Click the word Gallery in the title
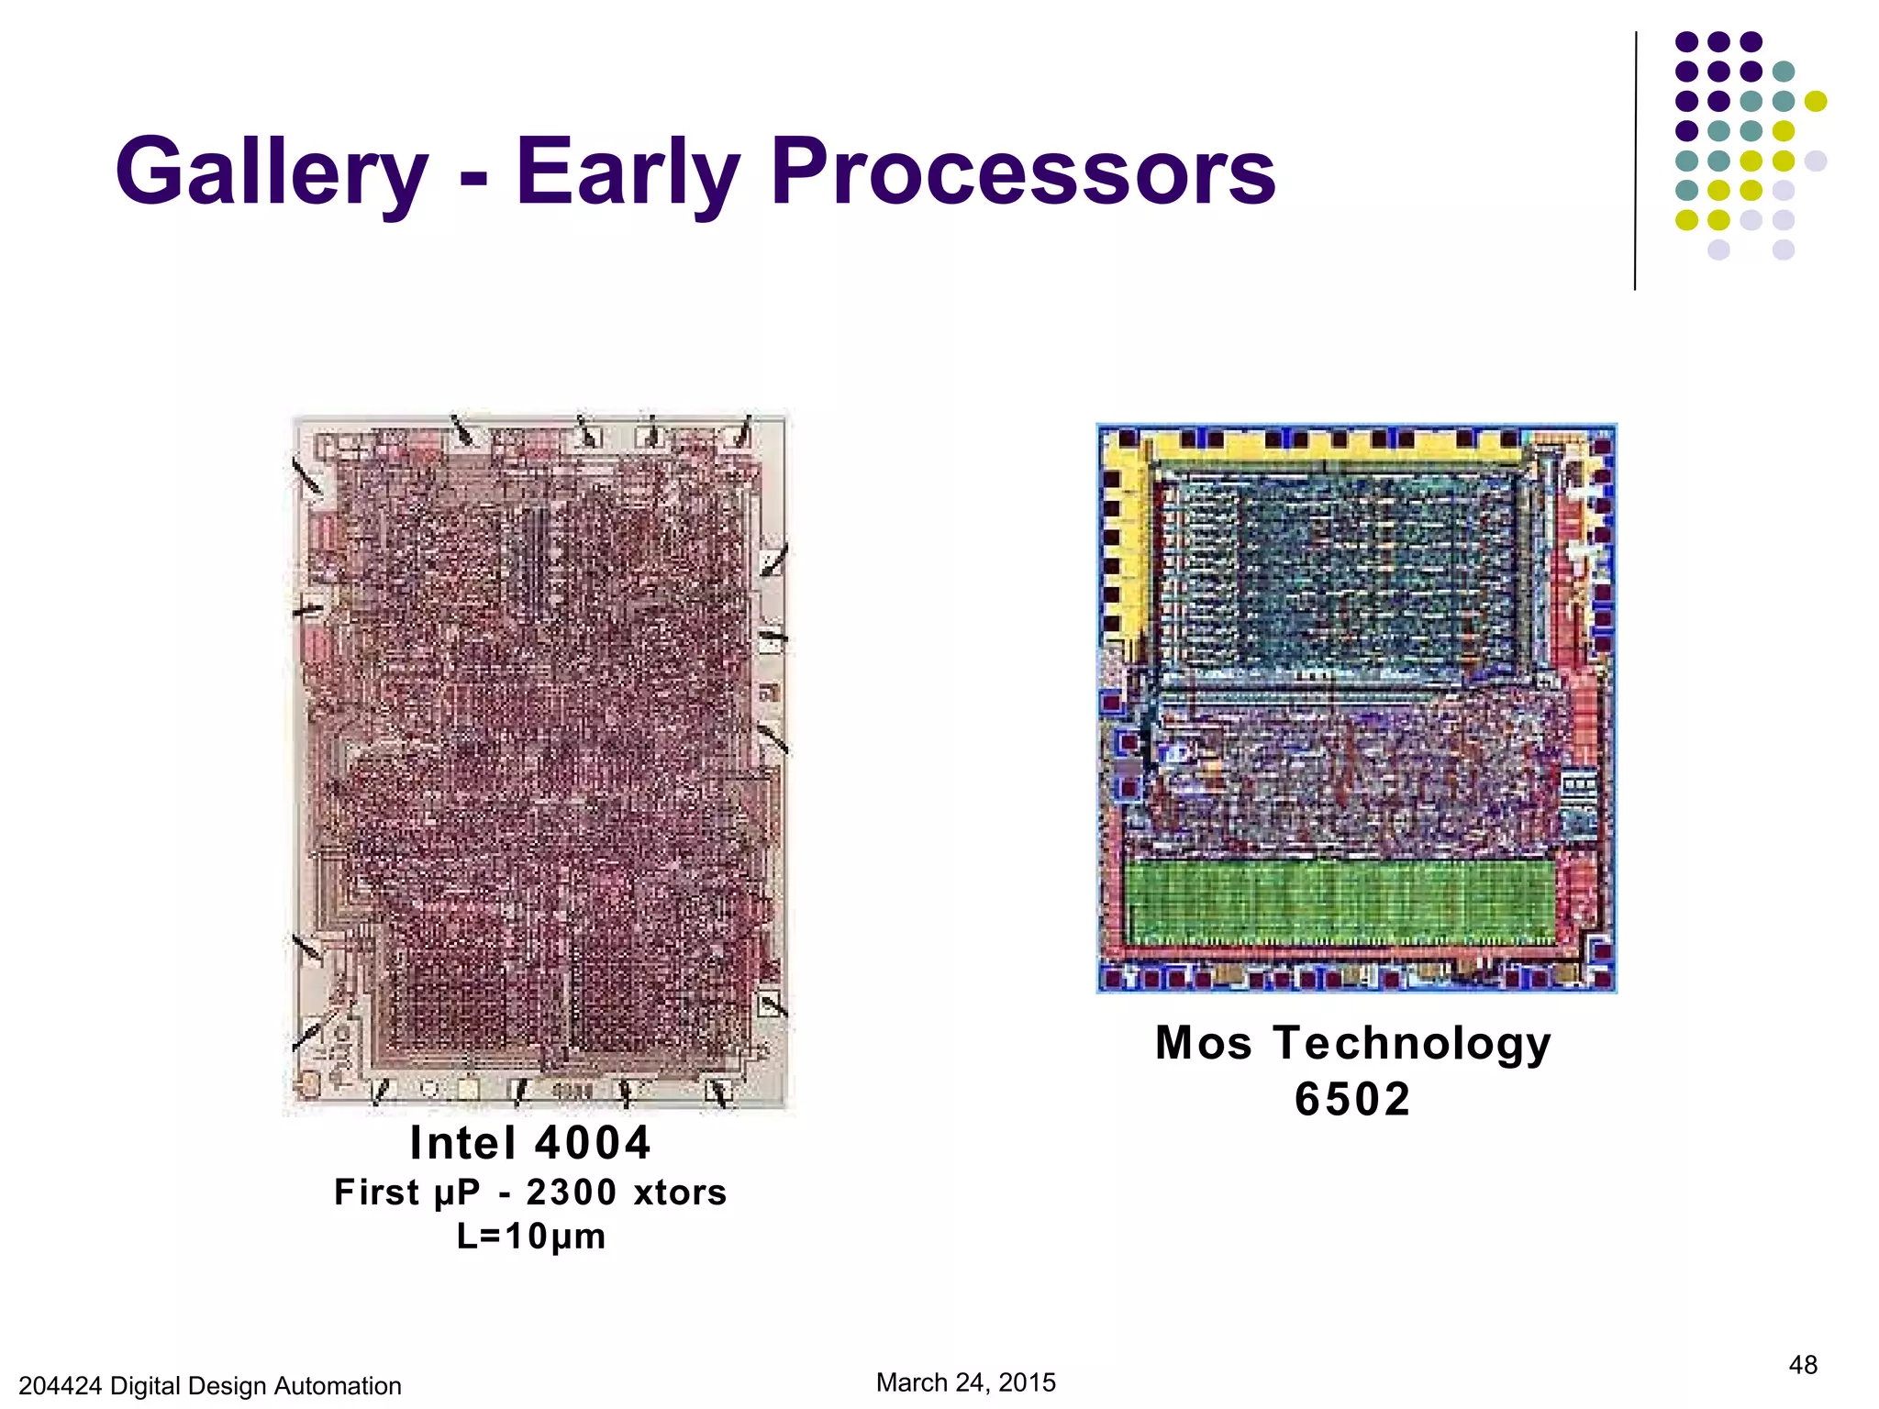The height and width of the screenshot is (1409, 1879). pos(272,172)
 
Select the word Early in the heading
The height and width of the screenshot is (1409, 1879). pos(627,172)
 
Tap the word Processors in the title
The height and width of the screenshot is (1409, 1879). pos(1023,172)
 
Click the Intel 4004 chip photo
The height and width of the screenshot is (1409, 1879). pos(539,761)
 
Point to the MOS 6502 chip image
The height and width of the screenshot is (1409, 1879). pos(1356,707)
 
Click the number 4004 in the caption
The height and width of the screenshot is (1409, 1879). pos(593,1143)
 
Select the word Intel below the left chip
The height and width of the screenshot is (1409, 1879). pos(462,1143)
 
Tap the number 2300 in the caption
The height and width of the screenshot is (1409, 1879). pos(571,1193)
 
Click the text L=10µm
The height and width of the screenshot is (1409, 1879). pos(531,1237)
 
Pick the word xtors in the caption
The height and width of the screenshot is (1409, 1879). pos(680,1193)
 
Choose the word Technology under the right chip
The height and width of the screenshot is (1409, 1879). pos(1412,1043)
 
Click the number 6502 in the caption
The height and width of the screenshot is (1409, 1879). pos(1352,1099)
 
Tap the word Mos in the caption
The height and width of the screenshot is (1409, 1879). pos(1204,1043)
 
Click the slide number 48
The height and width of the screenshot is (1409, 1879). pos(1803,1365)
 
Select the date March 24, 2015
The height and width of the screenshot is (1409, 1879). pos(965,1382)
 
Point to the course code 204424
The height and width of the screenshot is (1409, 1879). pos(60,1385)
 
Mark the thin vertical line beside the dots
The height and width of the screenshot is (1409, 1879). pos(1635,161)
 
